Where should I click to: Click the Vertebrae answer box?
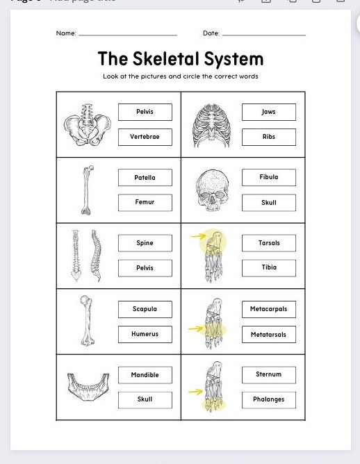pos(145,137)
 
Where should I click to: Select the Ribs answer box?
pos(268,137)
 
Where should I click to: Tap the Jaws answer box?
pos(268,112)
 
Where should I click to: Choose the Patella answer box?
pos(145,178)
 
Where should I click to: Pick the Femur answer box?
pos(145,202)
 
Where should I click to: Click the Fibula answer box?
pos(268,177)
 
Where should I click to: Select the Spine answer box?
pos(145,243)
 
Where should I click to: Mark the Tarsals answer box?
pos(268,243)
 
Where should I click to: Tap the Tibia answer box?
pos(268,267)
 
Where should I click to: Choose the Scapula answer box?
pos(145,309)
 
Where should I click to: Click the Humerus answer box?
pos(145,334)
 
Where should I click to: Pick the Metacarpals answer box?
pos(268,309)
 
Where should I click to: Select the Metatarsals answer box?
pos(268,335)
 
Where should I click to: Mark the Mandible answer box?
pos(145,375)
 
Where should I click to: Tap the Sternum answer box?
pos(268,374)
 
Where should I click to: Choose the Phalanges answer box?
pos(268,400)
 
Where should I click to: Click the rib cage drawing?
pos(211,125)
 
